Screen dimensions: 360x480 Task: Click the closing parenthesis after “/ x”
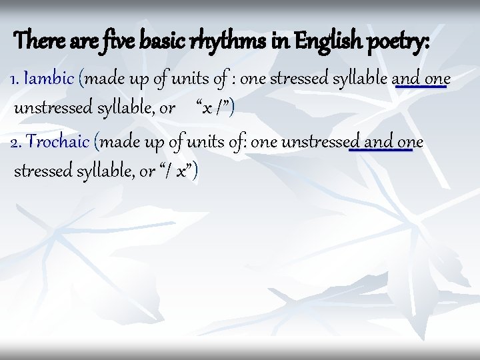pos(197,171)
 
